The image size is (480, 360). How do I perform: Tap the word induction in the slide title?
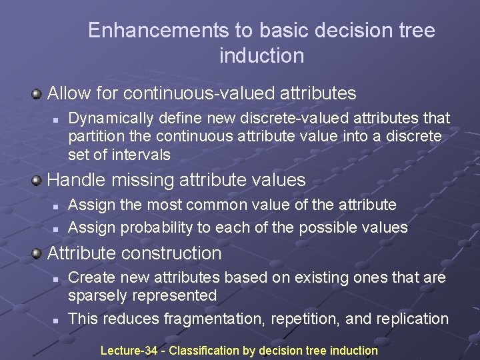[261, 56]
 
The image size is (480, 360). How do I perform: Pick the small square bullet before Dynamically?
[56, 119]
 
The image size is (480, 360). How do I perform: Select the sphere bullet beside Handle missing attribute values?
[37, 180]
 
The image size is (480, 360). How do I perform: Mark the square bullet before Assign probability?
[56, 228]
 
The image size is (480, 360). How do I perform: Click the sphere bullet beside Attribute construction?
[37, 253]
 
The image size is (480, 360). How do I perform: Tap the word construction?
[174, 253]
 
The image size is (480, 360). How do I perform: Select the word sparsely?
[99, 296]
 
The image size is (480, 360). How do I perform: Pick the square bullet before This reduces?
[56, 320]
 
